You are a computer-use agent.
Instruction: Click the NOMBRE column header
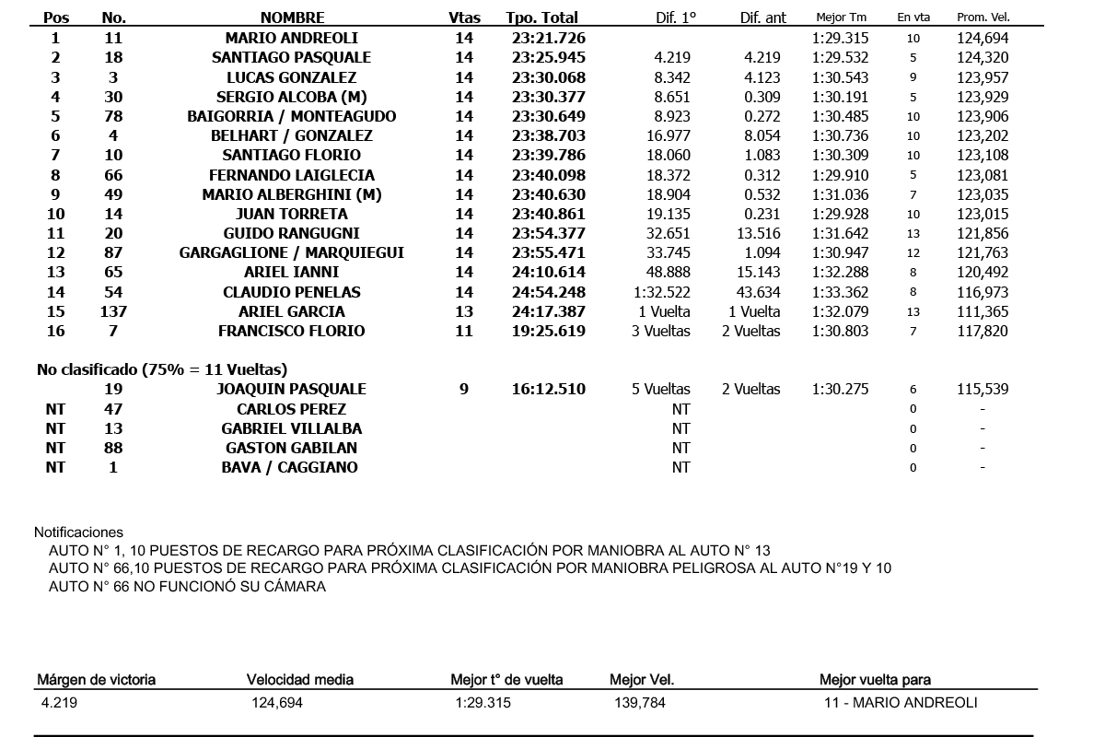click(292, 18)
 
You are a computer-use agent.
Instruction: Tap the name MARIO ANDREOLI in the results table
click(292, 38)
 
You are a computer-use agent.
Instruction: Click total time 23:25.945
click(549, 58)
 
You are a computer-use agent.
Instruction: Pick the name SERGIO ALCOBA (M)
click(292, 97)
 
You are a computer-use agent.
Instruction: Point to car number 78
click(113, 116)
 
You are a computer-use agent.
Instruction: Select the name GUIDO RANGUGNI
click(292, 233)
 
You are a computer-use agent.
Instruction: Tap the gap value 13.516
click(760, 233)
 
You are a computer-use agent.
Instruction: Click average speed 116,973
click(983, 292)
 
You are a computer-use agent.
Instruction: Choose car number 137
click(113, 311)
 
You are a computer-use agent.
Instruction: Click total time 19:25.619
click(549, 331)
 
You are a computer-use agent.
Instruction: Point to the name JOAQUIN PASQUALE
click(292, 389)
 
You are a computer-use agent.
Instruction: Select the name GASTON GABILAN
click(292, 448)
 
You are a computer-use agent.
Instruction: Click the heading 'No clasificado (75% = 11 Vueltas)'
click(162, 369)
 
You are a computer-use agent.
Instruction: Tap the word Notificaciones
click(78, 532)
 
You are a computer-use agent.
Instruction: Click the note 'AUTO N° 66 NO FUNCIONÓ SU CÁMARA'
click(187, 587)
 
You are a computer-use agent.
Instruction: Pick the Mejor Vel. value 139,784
click(640, 703)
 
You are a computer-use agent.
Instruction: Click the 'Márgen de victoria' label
click(96, 680)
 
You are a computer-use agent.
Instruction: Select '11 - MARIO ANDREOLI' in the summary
click(901, 703)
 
